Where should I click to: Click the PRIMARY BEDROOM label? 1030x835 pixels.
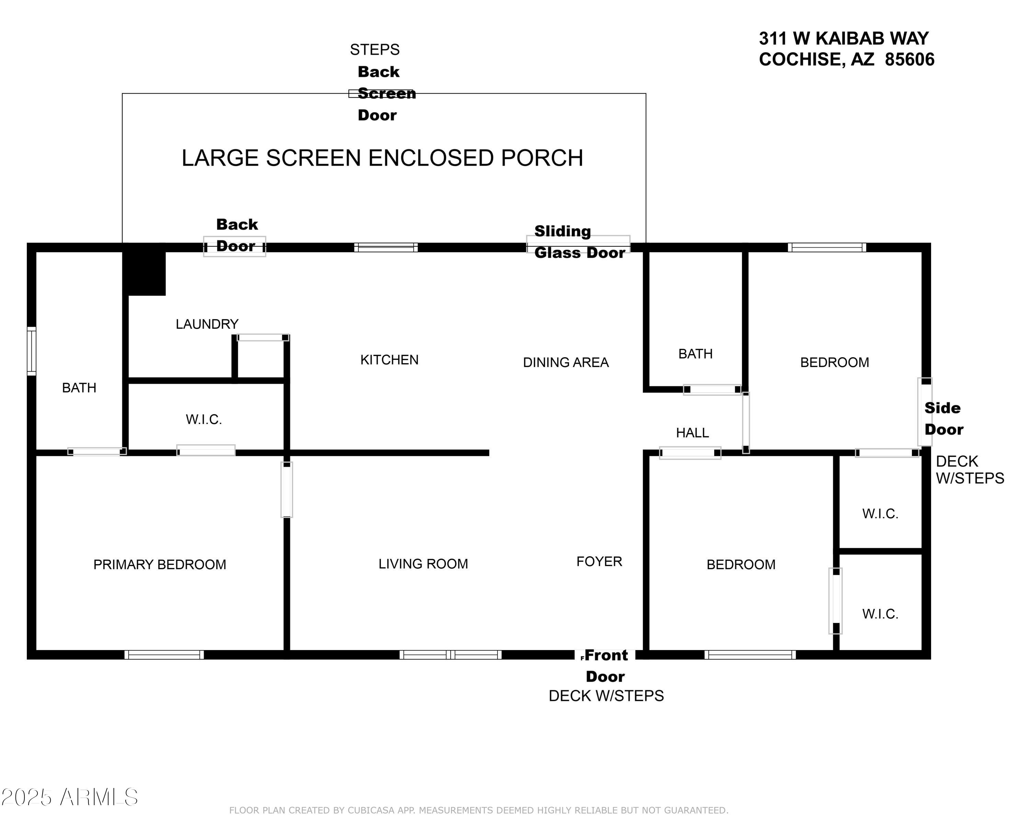coord(159,564)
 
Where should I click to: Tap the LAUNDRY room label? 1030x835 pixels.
coord(207,324)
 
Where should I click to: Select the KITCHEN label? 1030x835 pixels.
coord(389,360)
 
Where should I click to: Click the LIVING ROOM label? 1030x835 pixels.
coord(423,564)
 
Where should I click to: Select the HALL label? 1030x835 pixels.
coord(692,433)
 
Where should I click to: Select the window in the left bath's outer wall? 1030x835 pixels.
coord(31,351)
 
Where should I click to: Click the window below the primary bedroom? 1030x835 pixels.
coord(164,655)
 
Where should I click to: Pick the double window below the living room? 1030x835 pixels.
coord(450,655)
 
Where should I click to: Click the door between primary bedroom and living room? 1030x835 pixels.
coord(287,490)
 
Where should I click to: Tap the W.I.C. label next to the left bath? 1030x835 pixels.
coord(204,420)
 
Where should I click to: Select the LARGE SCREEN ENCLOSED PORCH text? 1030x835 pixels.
coord(382,158)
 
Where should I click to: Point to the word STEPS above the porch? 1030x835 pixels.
coord(375,49)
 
